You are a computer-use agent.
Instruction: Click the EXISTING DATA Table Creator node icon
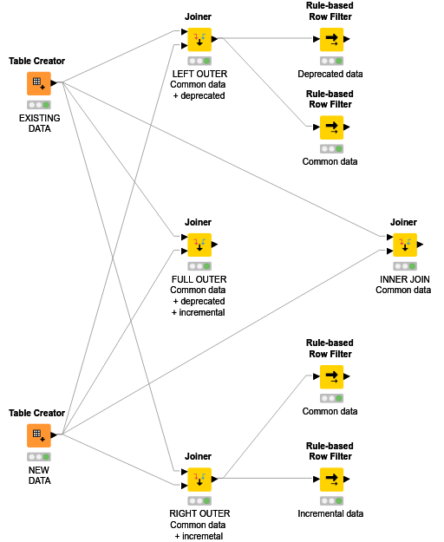tap(38, 84)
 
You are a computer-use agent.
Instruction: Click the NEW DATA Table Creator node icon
tap(38, 435)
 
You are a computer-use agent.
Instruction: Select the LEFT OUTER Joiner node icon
tap(199, 40)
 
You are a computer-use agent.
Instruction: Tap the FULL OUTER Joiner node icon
tap(199, 245)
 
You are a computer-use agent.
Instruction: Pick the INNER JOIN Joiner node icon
tap(404, 245)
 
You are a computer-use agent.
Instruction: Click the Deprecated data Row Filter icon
tap(330, 40)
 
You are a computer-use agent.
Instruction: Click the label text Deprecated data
tap(330, 75)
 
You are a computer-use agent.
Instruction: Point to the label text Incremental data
tap(330, 513)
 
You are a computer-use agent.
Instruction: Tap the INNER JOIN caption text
tap(404, 279)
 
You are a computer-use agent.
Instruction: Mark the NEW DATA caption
tap(38, 474)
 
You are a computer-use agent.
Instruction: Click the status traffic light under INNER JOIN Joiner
tap(404, 266)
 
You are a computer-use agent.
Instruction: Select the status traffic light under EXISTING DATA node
tap(38, 105)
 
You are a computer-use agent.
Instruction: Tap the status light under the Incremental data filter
tap(330, 500)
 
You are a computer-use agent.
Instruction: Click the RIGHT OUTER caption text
tap(199, 513)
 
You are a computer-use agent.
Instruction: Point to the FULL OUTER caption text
tap(199, 279)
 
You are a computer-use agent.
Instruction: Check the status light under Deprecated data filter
tap(330, 62)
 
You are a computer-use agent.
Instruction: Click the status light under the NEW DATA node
tap(38, 456)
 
